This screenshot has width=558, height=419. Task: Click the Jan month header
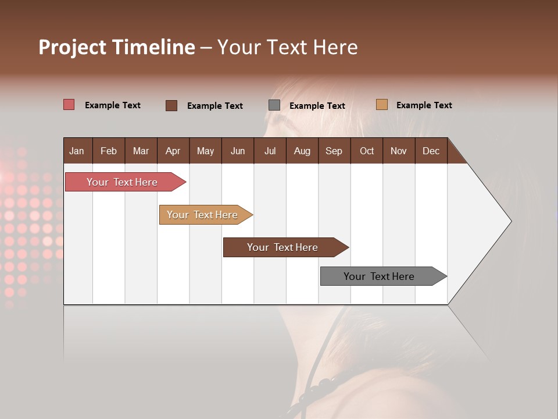coord(77,151)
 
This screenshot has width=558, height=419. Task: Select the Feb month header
coord(109,151)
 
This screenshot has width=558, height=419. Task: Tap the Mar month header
coord(141,151)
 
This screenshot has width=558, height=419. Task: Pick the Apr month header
coord(173,151)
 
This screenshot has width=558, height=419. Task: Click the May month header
coord(205,151)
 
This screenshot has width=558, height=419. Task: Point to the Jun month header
coord(238,151)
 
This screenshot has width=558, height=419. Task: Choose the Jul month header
coord(270,151)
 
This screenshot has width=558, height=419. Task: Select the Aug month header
coord(302,151)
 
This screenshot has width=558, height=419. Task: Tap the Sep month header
coord(334,151)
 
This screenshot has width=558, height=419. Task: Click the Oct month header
coord(367,151)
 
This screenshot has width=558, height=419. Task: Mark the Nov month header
coord(399,151)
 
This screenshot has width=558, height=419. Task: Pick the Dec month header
coord(431,151)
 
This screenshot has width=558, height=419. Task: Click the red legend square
coord(69,105)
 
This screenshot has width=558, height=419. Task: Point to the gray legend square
coord(274,105)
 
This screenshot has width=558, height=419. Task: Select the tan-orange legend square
coord(382,105)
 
